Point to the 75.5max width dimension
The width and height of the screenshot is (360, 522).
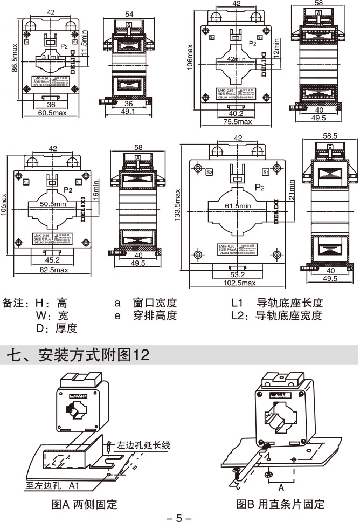(x=237, y=122)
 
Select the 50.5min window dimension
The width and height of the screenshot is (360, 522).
(x=52, y=204)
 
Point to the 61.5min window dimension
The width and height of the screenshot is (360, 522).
(x=238, y=206)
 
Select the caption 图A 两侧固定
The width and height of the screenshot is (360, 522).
(x=84, y=505)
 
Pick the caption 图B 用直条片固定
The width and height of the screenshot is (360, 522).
(x=280, y=505)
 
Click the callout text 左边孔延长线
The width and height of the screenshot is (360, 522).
(x=143, y=445)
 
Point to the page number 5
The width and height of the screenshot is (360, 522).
(x=179, y=518)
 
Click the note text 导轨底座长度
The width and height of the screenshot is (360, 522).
(x=289, y=303)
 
